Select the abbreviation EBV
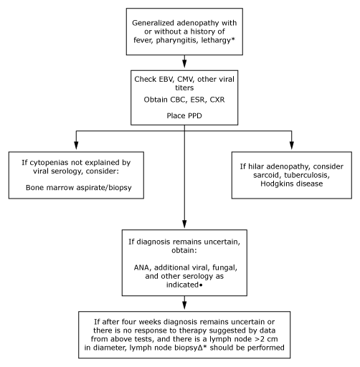click(164, 79)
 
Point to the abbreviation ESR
click(198, 100)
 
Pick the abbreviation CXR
click(217, 100)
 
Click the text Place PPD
click(184, 115)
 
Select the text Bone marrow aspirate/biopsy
click(79, 188)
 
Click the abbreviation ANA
click(142, 267)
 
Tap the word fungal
click(224, 267)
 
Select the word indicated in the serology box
click(182, 285)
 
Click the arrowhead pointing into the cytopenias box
click(76, 145)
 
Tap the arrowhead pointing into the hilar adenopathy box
click(292, 145)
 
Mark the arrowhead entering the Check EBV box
click(184, 64)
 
